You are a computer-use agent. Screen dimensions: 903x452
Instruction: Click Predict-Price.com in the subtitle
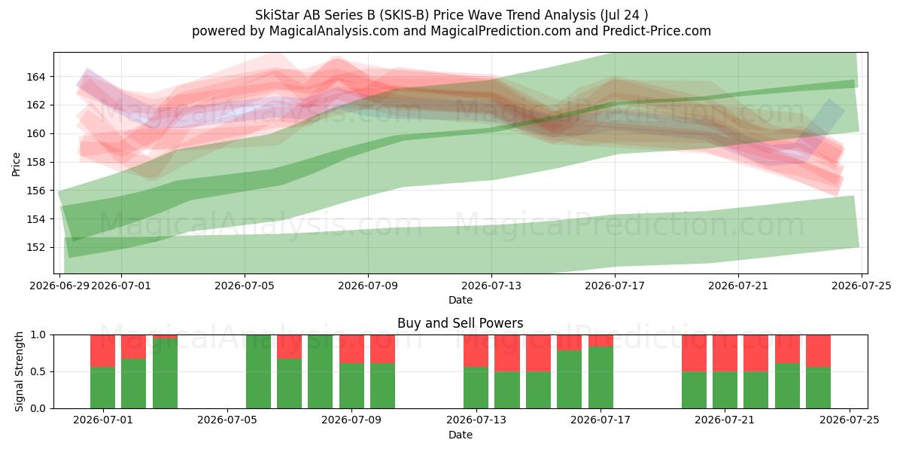pos(657,31)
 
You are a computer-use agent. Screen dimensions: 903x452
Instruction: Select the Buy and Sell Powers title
pos(461,323)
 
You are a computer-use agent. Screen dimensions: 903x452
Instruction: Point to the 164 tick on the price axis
pos(35,77)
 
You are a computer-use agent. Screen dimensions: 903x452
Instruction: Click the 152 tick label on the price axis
pos(35,247)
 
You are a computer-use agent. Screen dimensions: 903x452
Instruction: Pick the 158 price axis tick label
pos(35,162)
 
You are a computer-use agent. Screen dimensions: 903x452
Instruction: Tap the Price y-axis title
pos(16,164)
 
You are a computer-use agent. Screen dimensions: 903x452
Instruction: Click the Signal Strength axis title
pos(19,371)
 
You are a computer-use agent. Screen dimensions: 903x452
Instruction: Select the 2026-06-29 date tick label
pos(59,286)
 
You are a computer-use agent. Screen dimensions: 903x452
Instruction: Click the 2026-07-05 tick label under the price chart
pos(245,286)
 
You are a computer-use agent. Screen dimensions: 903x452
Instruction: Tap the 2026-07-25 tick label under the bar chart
pos(850,420)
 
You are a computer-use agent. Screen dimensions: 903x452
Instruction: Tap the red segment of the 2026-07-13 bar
pos(476,351)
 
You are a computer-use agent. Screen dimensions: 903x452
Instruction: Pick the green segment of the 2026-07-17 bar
pos(600,377)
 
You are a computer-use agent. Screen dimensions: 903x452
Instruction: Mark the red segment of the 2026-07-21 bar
pos(725,353)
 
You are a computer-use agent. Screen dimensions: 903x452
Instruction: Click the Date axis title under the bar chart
pos(461,435)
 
